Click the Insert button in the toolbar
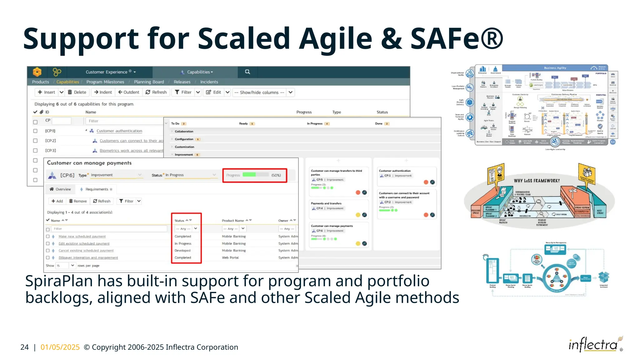46,92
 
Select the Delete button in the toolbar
77,92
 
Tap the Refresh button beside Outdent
156,92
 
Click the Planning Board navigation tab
149,82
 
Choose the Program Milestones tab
105,82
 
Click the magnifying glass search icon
247,72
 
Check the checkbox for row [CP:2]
35,141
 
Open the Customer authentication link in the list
119,131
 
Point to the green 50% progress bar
249,175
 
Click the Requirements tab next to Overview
97,189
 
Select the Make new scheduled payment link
82,237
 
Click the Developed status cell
182,251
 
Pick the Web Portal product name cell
230,258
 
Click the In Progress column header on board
314,124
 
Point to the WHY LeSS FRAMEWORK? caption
537,181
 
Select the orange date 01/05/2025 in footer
60,347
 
